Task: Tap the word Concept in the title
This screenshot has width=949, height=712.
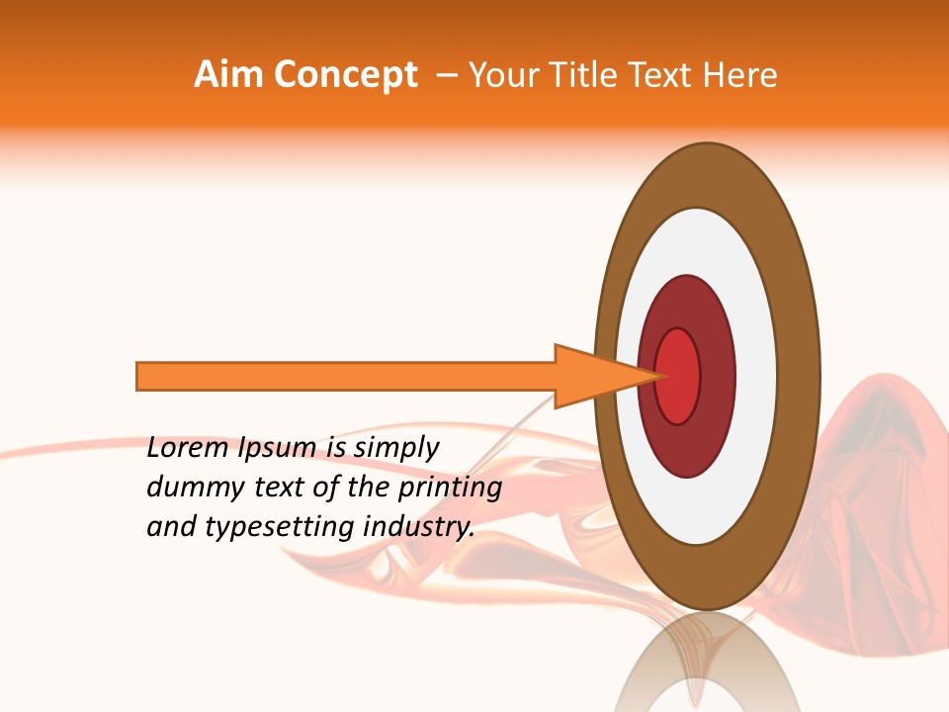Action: [x=344, y=75]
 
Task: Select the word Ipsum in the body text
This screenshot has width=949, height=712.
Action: [x=277, y=449]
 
